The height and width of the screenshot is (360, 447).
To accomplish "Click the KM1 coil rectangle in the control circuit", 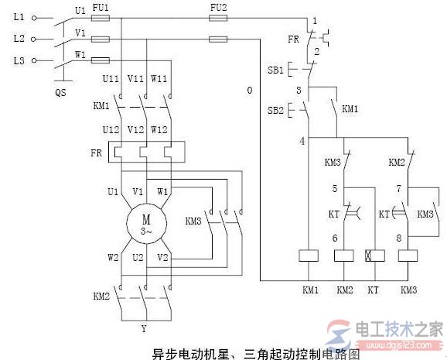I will tap(307, 255).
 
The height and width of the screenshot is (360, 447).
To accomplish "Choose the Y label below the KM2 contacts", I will tap(143, 327).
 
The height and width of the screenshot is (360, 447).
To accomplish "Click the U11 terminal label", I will tap(111, 79).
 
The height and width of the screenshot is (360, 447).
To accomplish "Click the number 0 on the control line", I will tap(249, 91).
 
